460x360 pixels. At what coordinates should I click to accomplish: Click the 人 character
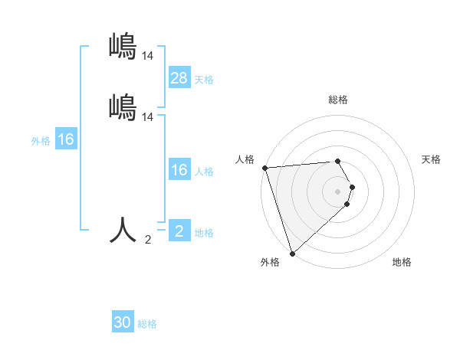pyautogui.click(x=123, y=229)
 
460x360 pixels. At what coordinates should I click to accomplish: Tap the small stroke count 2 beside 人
pyautogui.click(x=148, y=240)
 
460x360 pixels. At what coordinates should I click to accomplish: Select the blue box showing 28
pyautogui.click(x=179, y=78)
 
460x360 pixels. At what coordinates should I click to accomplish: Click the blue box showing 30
pyautogui.click(x=123, y=322)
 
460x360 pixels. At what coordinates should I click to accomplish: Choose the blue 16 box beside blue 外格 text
pyautogui.click(x=65, y=140)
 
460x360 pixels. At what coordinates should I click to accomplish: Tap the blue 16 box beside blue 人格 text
pyautogui.click(x=179, y=170)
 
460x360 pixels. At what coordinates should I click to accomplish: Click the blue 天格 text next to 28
pyautogui.click(x=204, y=80)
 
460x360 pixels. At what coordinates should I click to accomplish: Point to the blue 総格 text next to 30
pyautogui.click(x=147, y=324)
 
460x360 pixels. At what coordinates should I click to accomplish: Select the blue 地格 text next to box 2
pyautogui.click(x=204, y=233)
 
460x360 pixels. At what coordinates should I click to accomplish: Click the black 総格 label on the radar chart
pyautogui.click(x=338, y=100)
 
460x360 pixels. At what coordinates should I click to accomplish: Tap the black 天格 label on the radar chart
pyautogui.click(x=432, y=159)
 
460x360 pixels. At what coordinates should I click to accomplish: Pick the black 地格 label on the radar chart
pyautogui.click(x=402, y=262)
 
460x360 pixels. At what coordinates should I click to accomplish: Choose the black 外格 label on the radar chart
pyautogui.click(x=270, y=262)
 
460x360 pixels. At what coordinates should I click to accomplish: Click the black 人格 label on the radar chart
pyautogui.click(x=245, y=159)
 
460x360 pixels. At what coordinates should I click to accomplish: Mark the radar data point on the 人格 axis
pyautogui.click(x=264, y=168)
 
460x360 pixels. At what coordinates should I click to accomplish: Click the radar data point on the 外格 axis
pyautogui.click(x=292, y=253)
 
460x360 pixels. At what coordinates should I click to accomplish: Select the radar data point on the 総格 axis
pyautogui.click(x=338, y=161)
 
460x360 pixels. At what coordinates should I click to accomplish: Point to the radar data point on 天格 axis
pyautogui.click(x=353, y=187)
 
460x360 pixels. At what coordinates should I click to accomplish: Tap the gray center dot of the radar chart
pyautogui.click(x=338, y=191)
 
